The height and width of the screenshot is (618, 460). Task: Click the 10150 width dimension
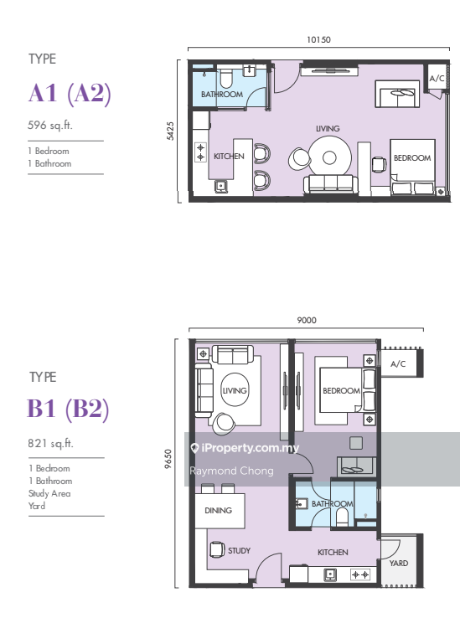pos(318,40)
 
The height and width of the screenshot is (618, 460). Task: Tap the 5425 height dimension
pos(170,131)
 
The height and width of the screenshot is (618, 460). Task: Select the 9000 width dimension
pos(307,321)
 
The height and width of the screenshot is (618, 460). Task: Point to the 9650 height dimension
pos(168,459)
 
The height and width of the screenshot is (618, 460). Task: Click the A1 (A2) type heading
pos(70,94)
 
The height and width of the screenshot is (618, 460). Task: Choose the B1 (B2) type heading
pos(68,409)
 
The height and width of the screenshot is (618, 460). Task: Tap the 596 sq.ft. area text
pos(50,126)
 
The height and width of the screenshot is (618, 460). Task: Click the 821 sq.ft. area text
pos(51,443)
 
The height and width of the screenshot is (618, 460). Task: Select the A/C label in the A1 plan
pos(437,79)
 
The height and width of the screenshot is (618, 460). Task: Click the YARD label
pos(399,564)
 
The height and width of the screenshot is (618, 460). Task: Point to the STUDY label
pos(239,551)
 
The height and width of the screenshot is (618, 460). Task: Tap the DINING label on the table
pos(218,511)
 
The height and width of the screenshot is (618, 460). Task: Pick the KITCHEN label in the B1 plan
pos(333,553)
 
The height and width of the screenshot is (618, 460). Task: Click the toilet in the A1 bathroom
pos(225,78)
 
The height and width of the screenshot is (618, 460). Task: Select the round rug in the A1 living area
pos(330,157)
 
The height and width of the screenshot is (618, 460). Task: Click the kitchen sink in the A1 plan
pos(221,186)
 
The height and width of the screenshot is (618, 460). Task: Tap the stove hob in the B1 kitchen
pos(360,574)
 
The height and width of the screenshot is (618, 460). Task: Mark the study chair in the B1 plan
pos(217,549)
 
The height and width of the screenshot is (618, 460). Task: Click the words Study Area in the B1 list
pos(49,493)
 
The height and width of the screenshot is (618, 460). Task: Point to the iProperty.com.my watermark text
pos(245,448)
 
